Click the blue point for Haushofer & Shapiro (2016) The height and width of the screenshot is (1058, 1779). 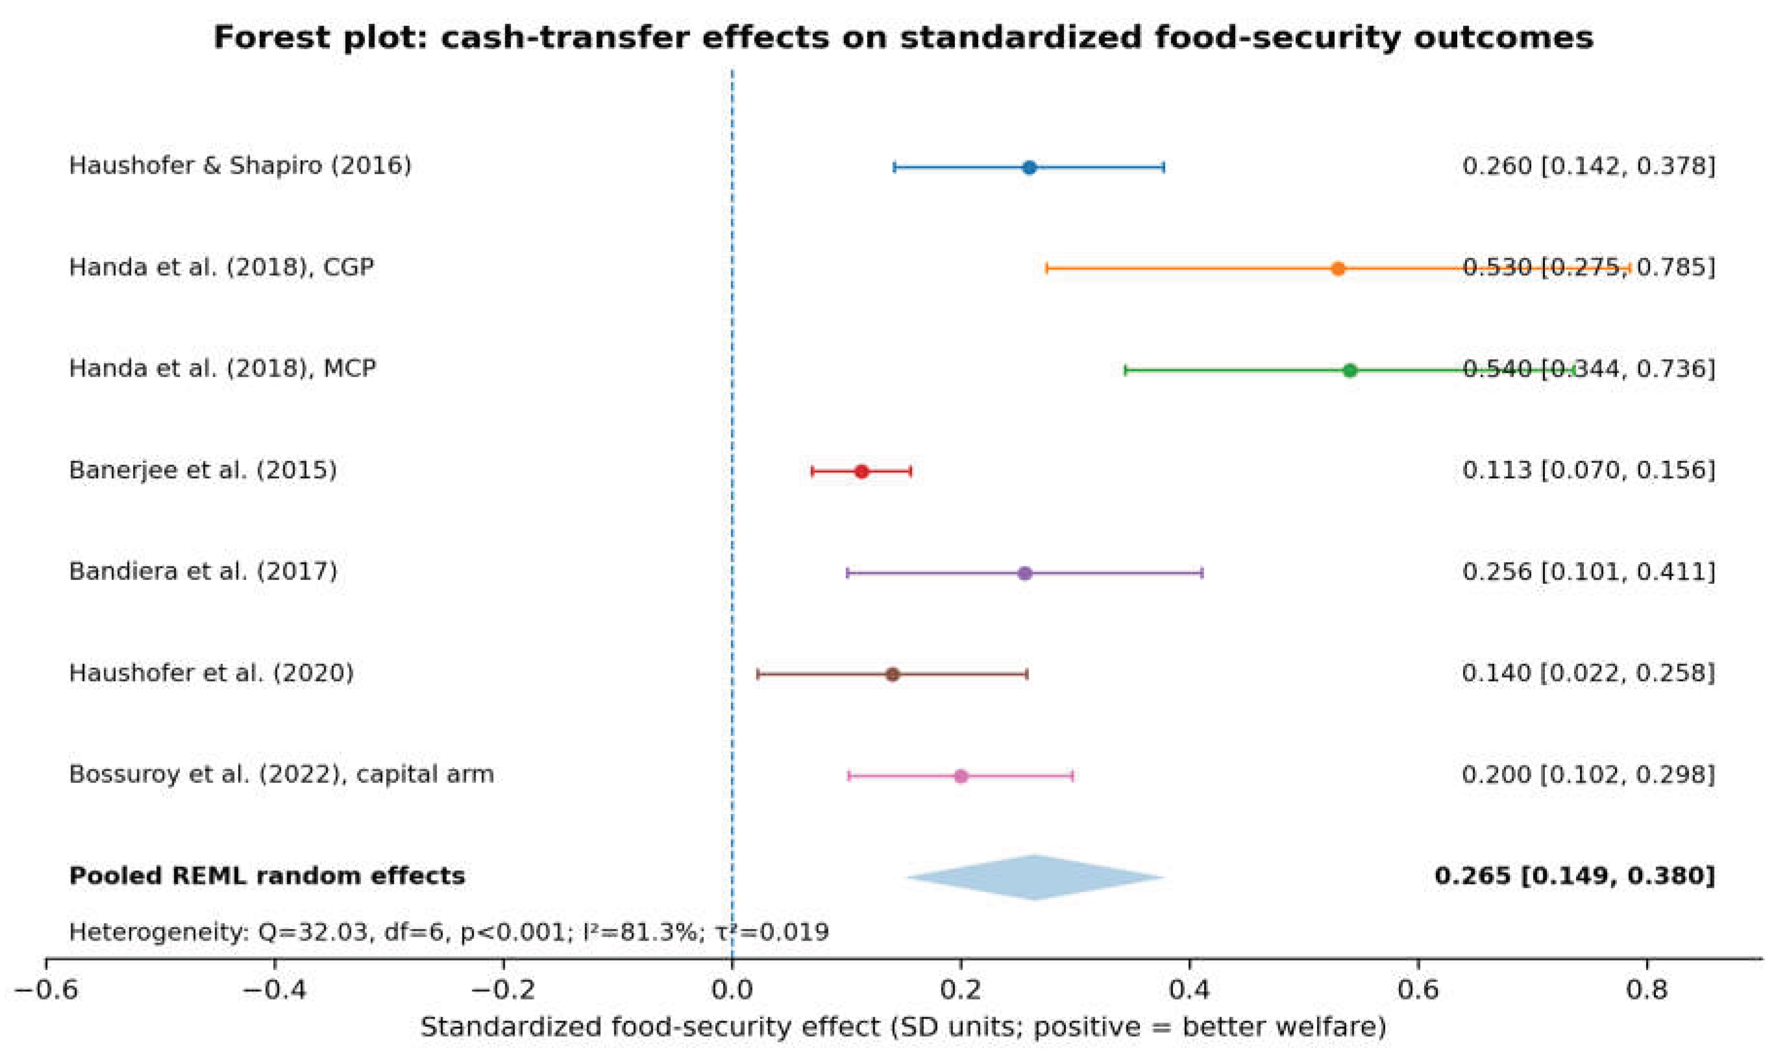tap(1029, 167)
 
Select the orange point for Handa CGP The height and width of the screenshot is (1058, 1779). tap(1338, 269)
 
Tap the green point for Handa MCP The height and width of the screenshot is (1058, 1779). tap(1349, 370)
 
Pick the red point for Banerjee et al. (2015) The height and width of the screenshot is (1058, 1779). tap(862, 471)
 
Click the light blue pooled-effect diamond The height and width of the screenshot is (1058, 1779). tap(1035, 877)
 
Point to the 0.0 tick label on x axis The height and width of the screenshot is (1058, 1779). tap(732, 989)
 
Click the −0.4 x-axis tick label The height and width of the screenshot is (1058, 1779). tap(274, 989)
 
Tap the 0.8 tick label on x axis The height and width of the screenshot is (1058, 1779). tap(1647, 989)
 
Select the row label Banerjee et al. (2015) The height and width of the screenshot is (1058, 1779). tap(202, 471)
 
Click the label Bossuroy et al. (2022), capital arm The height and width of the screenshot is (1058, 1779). tap(281, 774)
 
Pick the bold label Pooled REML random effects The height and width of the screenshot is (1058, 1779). tap(267, 876)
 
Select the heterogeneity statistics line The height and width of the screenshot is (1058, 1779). tap(448, 932)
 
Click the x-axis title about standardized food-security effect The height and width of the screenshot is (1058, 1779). tap(903, 1027)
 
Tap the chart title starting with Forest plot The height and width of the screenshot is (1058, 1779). tap(903, 37)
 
